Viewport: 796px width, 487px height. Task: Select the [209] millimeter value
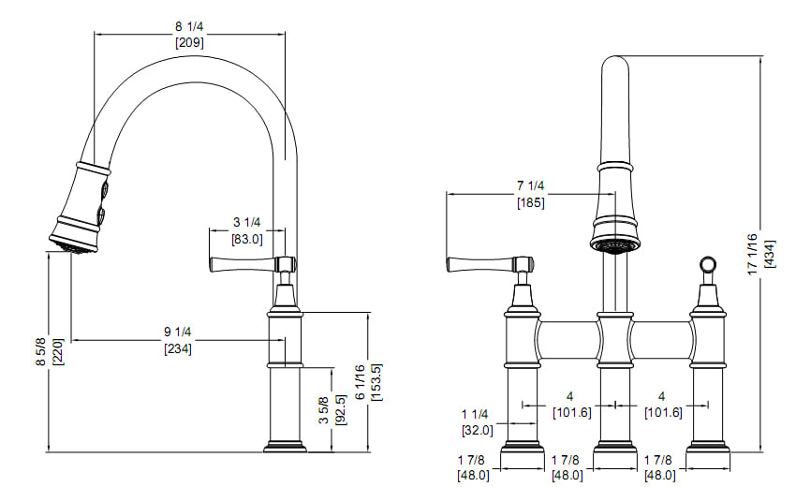(x=190, y=42)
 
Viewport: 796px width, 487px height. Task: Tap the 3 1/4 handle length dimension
(x=246, y=223)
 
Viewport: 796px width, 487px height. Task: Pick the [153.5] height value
(x=376, y=382)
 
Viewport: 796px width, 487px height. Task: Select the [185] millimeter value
(x=531, y=202)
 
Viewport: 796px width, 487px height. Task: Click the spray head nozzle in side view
(x=71, y=245)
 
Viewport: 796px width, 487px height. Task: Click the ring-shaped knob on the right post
(x=707, y=265)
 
